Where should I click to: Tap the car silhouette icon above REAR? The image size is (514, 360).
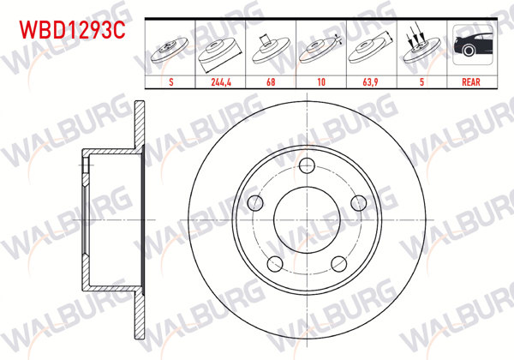469,45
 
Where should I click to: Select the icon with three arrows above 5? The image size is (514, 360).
420,45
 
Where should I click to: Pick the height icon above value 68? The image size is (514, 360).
271,45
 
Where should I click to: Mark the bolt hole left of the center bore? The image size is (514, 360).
255,202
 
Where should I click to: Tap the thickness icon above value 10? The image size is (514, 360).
320,45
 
